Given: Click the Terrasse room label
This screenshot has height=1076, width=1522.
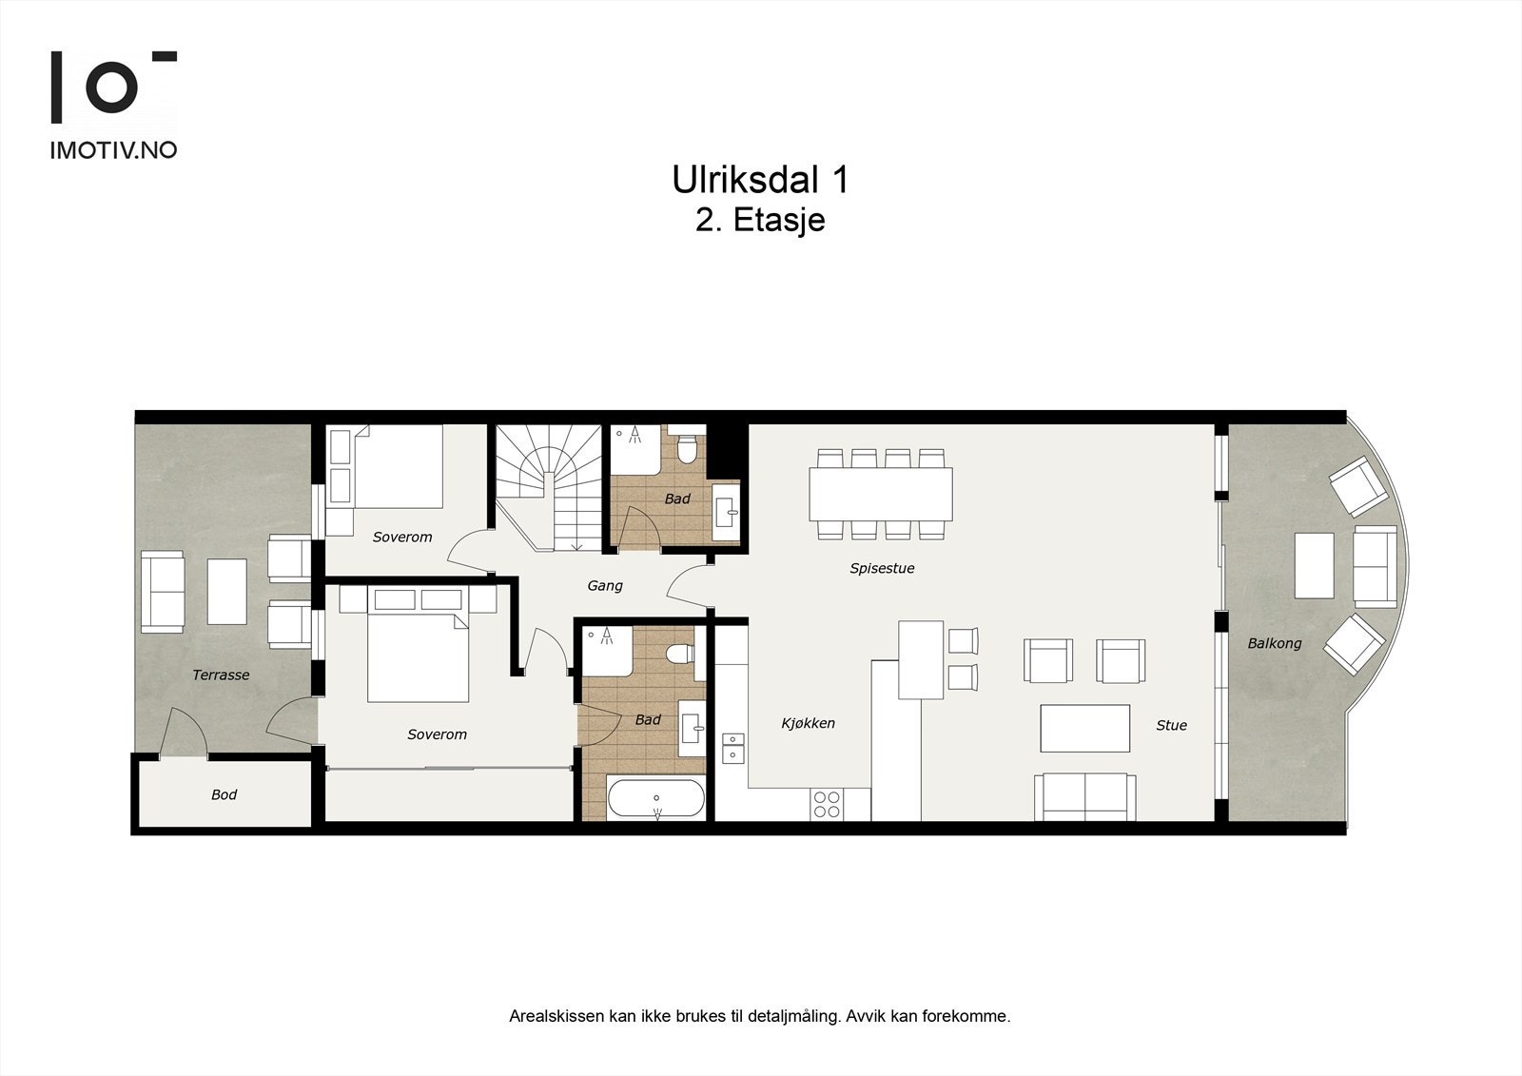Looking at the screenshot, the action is pyautogui.click(x=221, y=675).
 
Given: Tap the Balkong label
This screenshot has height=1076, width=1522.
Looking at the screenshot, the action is pyautogui.click(x=1275, y=644).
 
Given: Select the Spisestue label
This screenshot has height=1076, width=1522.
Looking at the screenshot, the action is pyautogui.click(x=882, y=568).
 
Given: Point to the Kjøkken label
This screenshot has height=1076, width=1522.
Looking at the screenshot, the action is pyautogui.click(x=808, y=723).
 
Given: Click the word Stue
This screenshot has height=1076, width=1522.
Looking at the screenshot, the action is pyautogui.click(x=1171, y=725).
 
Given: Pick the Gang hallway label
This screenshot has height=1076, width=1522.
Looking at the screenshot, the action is pyautogui.click(x=605, y=586).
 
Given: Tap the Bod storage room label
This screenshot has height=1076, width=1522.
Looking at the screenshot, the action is pyautogui.click(x=224, y=794).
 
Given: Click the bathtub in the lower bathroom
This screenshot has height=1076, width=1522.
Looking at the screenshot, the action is pyautogui.click(x=655, y=798).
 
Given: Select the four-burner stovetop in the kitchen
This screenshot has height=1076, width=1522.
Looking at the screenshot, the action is pyautogui.click(x=827, y=805).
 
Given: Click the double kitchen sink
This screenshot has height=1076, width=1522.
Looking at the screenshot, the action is pyautogui.click(x=733, y=748).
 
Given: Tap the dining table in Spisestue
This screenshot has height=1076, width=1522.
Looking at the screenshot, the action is pyautogui.click(x=881, y=494).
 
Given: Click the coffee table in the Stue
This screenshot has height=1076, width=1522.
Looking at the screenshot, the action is pyautogui.click(x=1085, y=728).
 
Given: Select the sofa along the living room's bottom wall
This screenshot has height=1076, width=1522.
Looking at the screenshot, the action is pyautogui.click(x=1085, y=796).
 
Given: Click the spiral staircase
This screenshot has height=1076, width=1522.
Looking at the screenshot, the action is pyautogui.click(x=549, y=488).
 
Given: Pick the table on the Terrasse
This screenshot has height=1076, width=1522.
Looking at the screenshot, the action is pyautogui.click(x=227, y=592).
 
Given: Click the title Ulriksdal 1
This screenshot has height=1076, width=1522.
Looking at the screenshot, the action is pyautogui.click(x=760, y=180).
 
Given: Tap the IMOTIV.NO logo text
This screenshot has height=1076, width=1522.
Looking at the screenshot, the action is pyautogui.click(x=113, y=150).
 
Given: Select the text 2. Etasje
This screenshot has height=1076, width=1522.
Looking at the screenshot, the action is pyautogui.click(x=760, y=220).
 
